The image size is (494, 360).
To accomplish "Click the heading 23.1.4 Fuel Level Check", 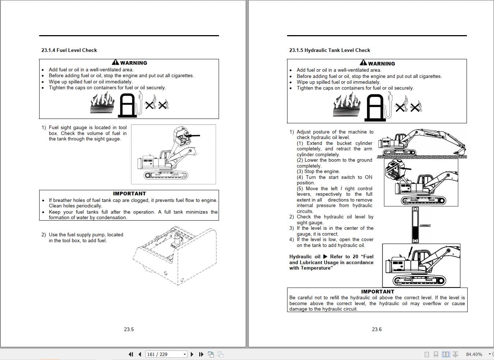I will (x=69, y=50).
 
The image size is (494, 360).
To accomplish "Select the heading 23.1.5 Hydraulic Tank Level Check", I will (x=330, y=50).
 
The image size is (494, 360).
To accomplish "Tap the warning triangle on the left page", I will (x=115, y=63).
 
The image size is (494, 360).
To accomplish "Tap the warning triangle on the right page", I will (x=363, y=63).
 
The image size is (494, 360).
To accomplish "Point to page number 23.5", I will (x=129, y=329).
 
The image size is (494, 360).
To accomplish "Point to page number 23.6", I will (x=377, y=329).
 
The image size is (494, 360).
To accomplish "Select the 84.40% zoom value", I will (x=474, y=354).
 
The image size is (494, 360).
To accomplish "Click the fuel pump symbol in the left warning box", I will (x=128, y=105).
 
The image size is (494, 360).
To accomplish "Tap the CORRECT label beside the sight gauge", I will (x=425, y=225).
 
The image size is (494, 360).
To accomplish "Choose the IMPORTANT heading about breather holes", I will (x=129, y=194).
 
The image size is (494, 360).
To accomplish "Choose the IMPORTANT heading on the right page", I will (x=378, y=292).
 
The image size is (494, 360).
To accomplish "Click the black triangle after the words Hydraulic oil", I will (x=325, y=256).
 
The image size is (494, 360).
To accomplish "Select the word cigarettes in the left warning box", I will (x=182, y=76).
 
